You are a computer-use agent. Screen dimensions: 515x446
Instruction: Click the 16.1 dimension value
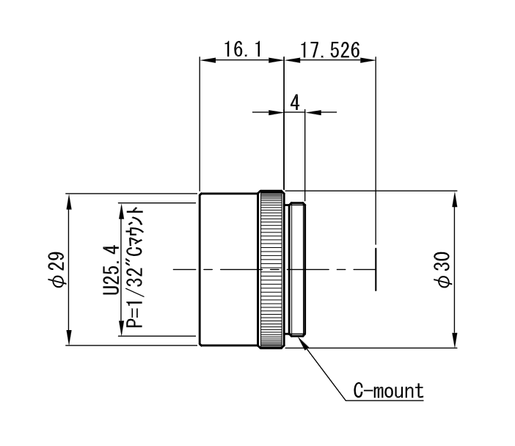point(243,50)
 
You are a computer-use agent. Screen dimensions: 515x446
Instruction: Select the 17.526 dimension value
point(330,51)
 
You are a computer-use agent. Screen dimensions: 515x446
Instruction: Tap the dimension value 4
point(295,103)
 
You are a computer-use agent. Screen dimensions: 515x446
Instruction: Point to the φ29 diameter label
point(56,269)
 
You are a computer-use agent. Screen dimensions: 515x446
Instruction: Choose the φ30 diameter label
point(443,269)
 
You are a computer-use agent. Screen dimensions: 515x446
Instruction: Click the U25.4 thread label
point(111,269)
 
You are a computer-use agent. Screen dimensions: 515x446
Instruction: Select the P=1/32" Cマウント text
point(135,267)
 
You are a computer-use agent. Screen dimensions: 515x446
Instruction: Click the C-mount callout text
point(389,391)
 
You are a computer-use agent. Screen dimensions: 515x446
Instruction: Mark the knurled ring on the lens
point(271,269)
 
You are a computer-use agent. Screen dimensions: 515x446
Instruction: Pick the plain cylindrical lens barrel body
point(229,269)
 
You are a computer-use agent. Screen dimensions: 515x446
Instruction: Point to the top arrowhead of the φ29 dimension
point(69,201)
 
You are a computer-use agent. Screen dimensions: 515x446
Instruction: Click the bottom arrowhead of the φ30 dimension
point(455,340)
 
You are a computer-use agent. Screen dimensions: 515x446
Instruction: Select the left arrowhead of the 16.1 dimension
point(208,60)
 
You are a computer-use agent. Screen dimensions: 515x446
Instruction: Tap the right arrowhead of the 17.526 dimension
point(368,60)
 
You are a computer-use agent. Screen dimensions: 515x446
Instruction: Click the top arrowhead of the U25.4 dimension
point(121,211)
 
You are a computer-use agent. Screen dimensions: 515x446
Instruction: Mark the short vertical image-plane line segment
point(376,269)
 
